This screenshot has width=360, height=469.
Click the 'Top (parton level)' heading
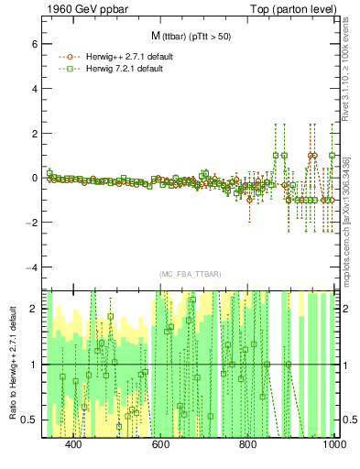click(x=297, y=8)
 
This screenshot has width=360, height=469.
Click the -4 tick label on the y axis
click(x=29, y=267)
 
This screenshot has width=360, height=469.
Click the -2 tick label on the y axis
click(x=29, y=223)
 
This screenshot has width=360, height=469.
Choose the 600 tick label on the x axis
click(x=161, y=444)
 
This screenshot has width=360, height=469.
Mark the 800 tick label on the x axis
click(x=248, y=444)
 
